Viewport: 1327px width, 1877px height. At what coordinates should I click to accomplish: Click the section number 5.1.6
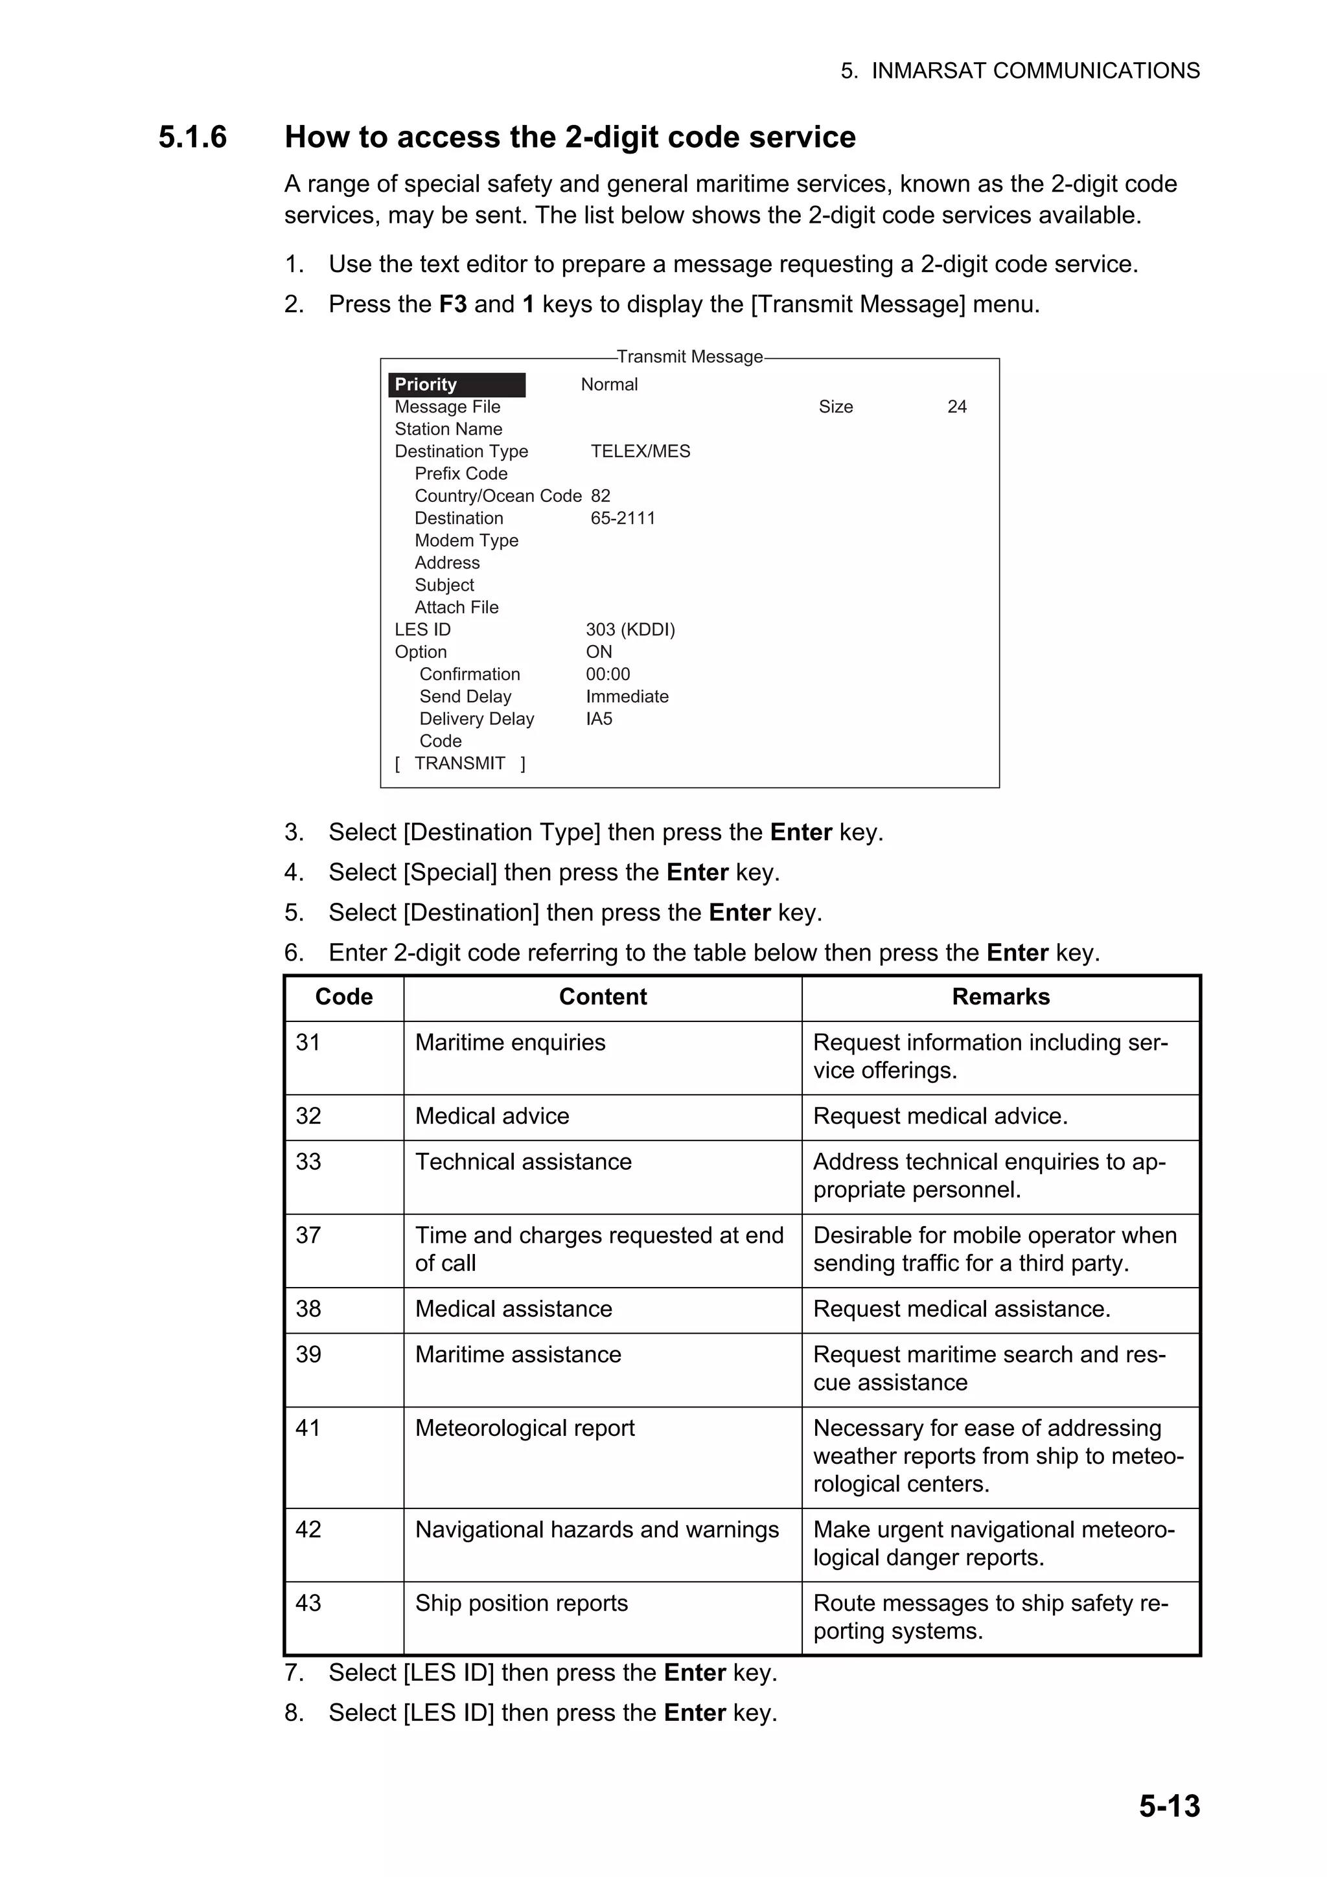(x=192, y=137)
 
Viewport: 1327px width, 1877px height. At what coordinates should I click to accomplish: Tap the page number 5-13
(x=1168, y=1805)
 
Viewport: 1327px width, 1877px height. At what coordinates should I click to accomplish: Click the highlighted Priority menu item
(x=456, y=384)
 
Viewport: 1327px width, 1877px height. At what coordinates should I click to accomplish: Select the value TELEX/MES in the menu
(x=640, y=451)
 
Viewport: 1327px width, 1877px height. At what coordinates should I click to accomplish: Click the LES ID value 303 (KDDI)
(x=630, y=630)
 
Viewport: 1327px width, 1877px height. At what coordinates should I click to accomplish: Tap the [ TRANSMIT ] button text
(x=459, y=764)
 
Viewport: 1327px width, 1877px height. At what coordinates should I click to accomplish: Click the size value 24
(x=956, y=407)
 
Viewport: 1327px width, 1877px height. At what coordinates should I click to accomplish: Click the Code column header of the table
(x=343, y=997)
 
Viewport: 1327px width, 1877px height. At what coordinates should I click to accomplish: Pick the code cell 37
(x=308, y=1234)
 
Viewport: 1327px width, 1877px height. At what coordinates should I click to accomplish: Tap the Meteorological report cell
(x=524, y=1428)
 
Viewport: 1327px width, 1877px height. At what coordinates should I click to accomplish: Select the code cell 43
(x=308, y=1603)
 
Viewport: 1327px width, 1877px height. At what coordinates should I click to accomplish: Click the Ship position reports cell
(x=521, y=1603)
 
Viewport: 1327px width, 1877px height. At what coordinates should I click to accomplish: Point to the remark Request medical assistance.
(x=961, y=1309)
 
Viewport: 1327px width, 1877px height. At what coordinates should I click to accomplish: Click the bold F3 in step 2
(x=452, y=304)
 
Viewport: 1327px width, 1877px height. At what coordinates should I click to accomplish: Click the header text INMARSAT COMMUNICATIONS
(x=1035, y=71)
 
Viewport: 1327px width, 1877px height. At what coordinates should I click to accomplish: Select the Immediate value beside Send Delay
(x=627, y=696)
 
